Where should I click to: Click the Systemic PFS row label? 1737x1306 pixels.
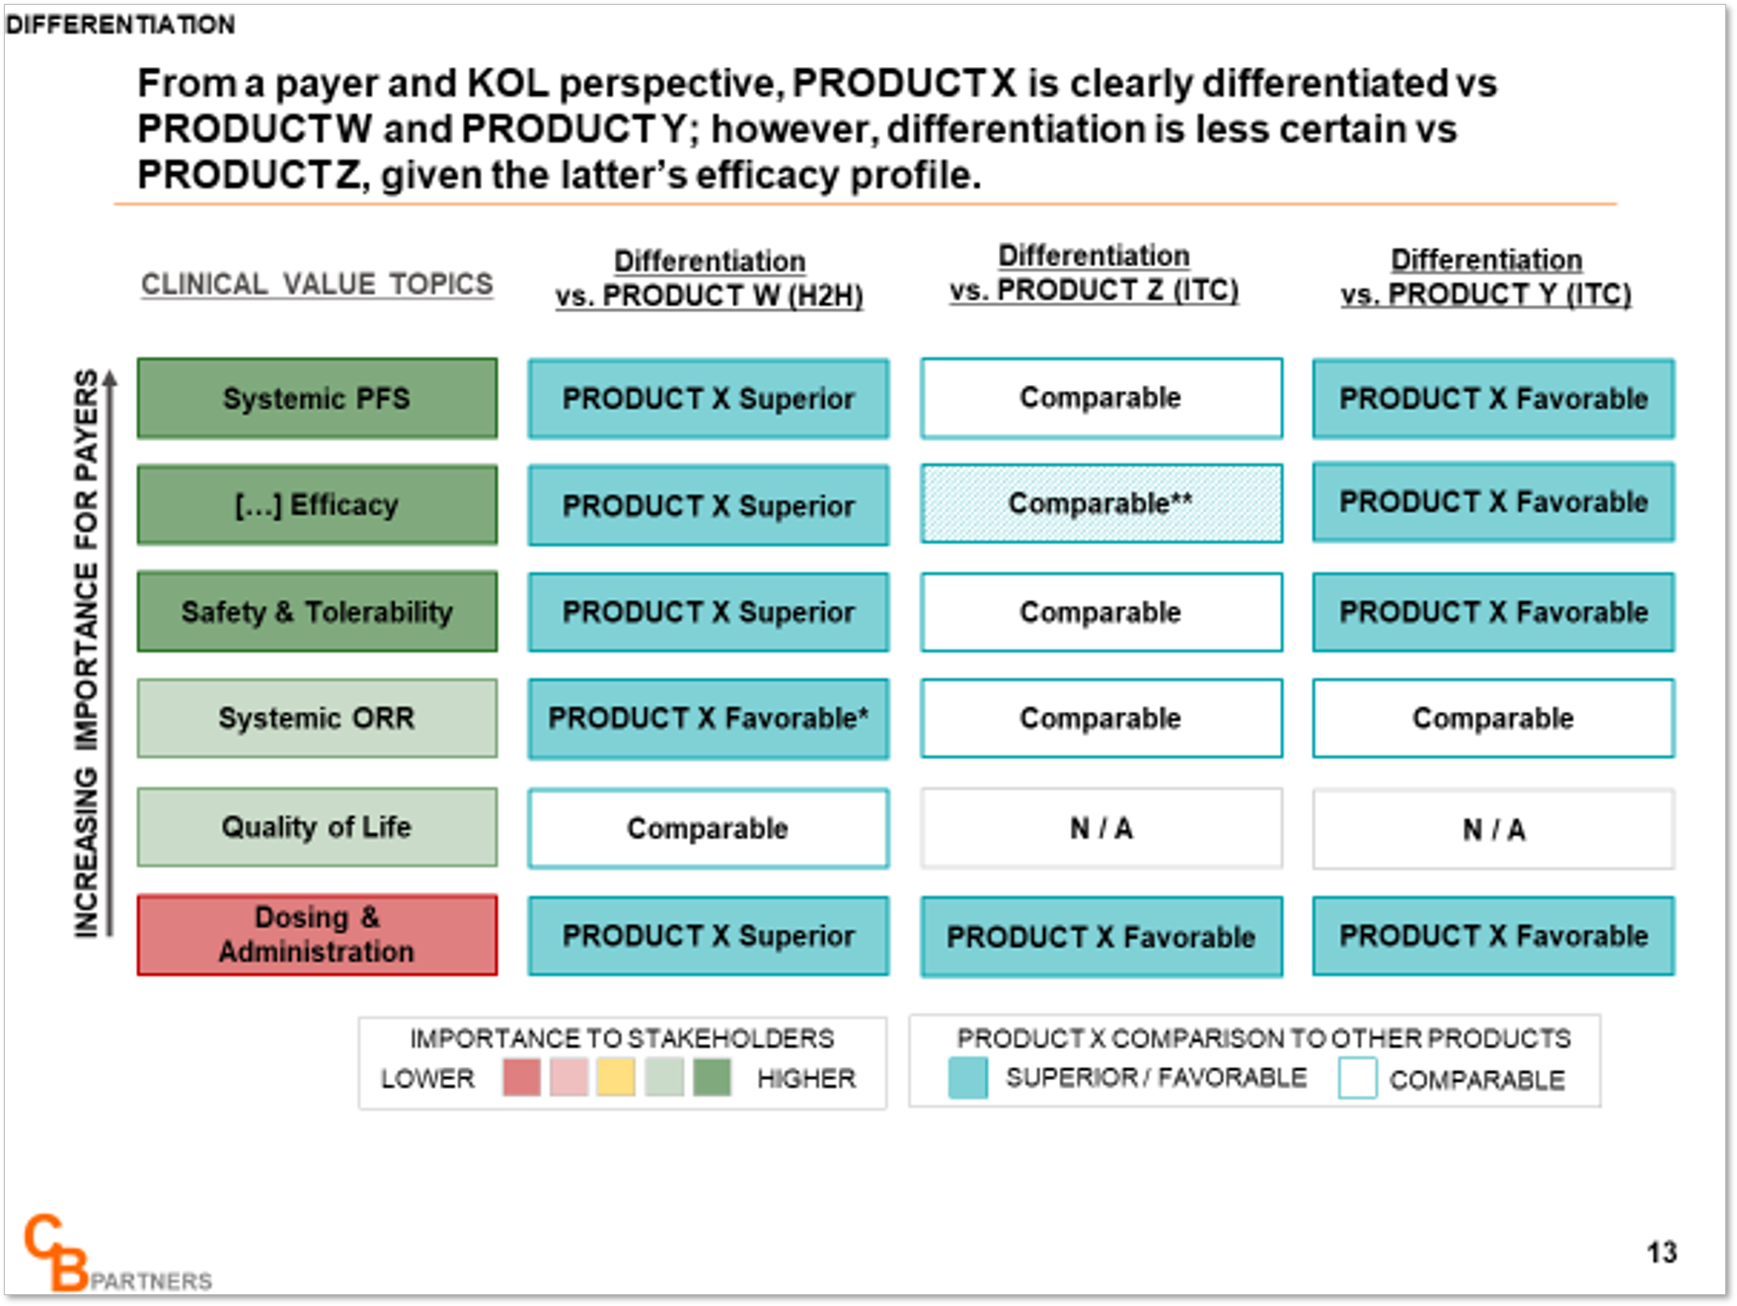(x=317, y=398)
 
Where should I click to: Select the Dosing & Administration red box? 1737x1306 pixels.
(x=317, y=935)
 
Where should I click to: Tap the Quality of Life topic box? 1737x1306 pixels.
(x=317, y=827)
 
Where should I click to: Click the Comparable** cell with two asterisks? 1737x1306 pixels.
(x=1101, y=503)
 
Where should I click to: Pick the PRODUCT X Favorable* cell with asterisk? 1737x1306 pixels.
(x=709, y=719)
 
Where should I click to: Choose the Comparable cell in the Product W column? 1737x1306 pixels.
(x=709, y=828)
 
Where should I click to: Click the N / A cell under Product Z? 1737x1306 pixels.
(x=1101, y=828)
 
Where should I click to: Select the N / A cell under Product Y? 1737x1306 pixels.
(x=1493, y=829)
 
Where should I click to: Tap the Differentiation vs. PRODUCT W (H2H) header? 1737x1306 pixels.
(x=709, y=278)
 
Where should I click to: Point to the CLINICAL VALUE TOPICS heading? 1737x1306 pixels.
(x=317, y=284)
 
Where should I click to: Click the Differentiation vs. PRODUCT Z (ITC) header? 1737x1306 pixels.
(x=1094, y=273)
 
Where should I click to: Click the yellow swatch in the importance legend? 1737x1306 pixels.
(x=616, y=1077)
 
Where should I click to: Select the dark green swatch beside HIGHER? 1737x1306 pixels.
(x=712, y=1077)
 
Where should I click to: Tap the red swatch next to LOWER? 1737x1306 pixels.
(x=521, y=1077)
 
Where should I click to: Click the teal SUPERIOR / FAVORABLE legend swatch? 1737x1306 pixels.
(x=967, y=1078)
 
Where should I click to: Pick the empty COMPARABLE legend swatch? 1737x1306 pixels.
(x=1358, y=1078)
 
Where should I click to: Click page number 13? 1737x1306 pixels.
(x=1662, y=1253)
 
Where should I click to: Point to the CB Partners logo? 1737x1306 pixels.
(x=116, y=1254)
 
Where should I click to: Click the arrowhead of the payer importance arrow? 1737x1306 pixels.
(x=110, y=376)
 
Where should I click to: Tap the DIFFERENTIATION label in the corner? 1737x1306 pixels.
(x=120, y=25)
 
